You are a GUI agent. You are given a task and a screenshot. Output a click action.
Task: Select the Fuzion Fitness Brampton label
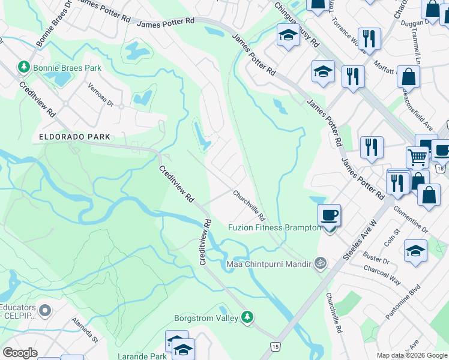[x=274, y=227]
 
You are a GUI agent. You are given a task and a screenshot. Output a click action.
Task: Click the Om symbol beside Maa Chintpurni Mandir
[x=321, y=263]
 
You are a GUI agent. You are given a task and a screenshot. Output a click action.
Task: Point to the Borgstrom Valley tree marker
[x=247, y=317]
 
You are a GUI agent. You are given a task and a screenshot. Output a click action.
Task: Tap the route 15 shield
[x=275, y=346]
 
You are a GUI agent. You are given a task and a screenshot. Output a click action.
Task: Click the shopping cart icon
[x=418, y=157]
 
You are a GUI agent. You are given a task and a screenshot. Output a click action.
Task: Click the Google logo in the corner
[x=20, y=352]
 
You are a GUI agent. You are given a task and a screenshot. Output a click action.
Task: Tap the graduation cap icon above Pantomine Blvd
[x=415, y=251]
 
